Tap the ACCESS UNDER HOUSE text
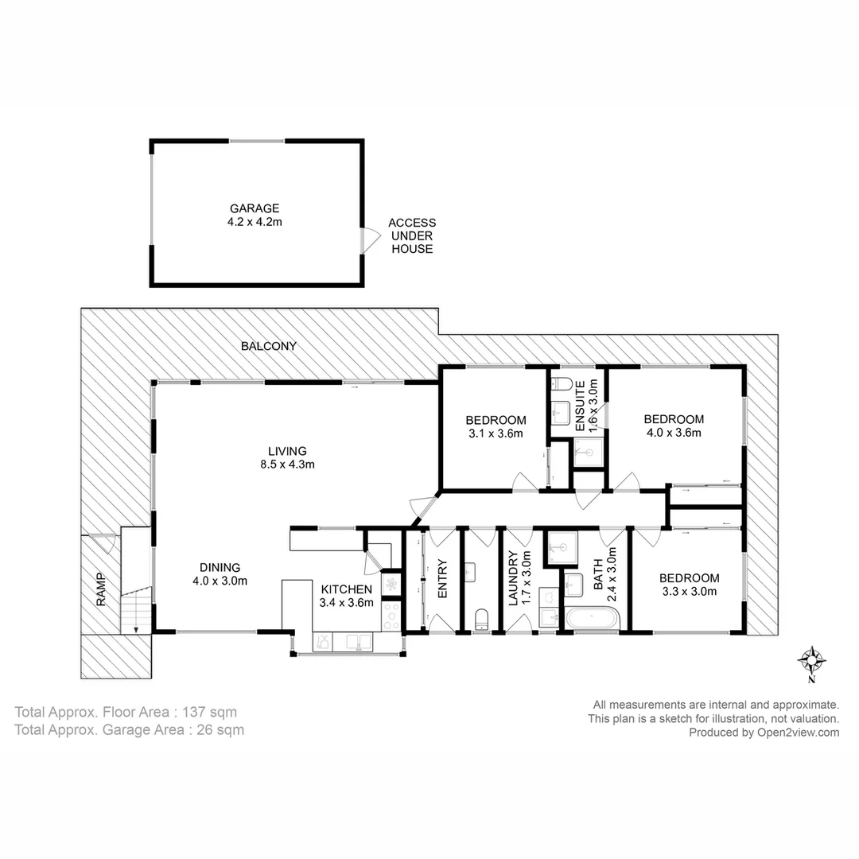411,236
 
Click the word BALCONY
269,346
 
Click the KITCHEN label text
346,589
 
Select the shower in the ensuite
589,451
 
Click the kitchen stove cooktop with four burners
391,614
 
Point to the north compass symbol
811,660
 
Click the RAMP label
101,589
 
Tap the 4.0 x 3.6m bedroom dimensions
674,433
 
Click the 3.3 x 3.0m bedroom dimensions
690,591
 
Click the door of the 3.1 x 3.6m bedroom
525,482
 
